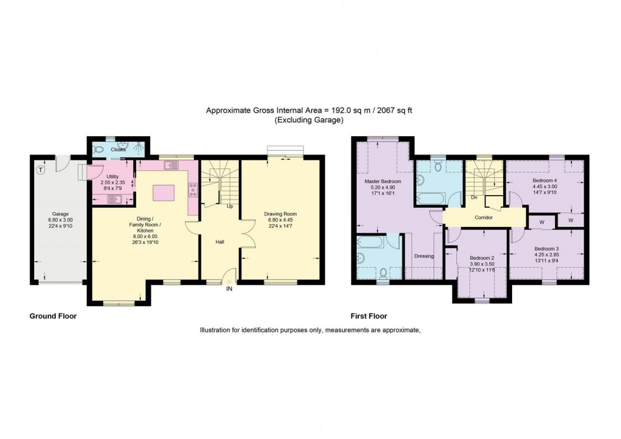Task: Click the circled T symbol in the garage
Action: (x=41, y=169)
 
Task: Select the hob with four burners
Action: (x=192, y=189)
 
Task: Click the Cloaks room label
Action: (x=118, y=150)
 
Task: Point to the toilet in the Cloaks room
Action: (x=98, y=150)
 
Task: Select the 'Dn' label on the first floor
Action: (x=473, y=198)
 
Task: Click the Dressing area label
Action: (x=423, y=257)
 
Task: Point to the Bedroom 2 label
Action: (x=482, y=258)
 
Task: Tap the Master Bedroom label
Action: (x=382, y=181)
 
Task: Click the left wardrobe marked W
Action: (x=541, y=222)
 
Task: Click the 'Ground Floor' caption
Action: (x=53, y=315)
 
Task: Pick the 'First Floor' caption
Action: (x=369, y=315)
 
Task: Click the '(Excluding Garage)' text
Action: (x=309, y=120)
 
